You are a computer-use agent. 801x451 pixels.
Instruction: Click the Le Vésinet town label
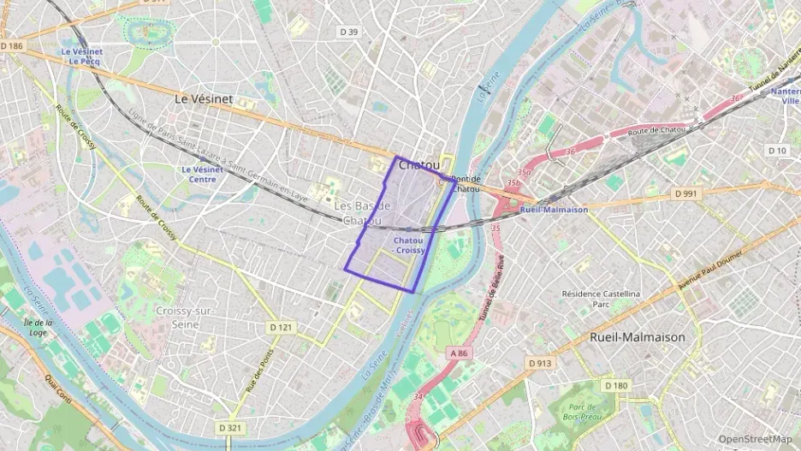[204, 99]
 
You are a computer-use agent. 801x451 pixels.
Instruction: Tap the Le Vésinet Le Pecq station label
[81, 56]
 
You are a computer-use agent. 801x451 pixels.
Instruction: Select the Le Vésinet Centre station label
[202, 175]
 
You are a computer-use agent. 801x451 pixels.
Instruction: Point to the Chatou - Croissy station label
[409, 246]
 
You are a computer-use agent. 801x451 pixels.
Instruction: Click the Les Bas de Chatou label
[362, 213]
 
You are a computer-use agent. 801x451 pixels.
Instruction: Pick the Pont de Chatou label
[466, 183]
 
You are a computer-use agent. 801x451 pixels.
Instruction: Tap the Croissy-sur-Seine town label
[184, 317]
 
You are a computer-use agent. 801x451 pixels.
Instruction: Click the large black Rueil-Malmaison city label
[638, 337]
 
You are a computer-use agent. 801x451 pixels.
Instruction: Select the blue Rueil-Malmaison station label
[554, 210]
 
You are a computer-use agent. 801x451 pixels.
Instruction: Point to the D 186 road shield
[12, 45]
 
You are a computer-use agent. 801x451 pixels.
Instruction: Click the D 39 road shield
[348, 32]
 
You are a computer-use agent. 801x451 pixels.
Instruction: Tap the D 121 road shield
[281, 327]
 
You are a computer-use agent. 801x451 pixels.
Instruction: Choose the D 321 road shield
[229, 427]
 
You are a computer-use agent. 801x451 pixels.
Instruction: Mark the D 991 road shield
[686, 194]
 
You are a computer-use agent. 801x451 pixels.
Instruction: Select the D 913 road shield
[539, 364]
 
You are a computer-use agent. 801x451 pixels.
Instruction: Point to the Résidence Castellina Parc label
[600, 299]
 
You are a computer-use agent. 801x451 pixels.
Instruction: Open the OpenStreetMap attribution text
[756, 439]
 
